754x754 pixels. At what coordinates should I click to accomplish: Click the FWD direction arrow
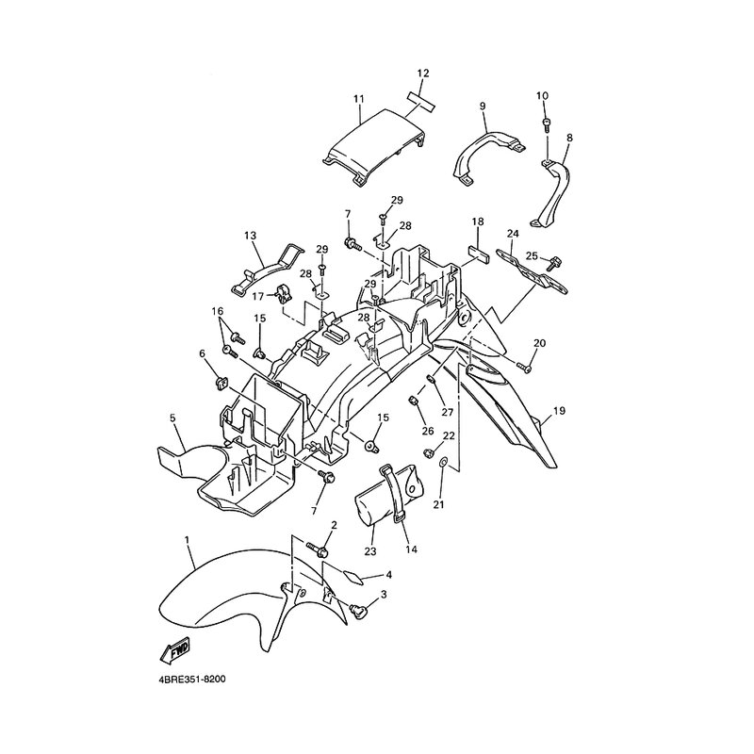[174, 648]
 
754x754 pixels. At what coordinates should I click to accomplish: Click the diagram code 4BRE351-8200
[190, 680]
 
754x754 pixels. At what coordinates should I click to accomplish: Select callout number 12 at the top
[422, 74]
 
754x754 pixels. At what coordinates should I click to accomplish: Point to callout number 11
[359, 99]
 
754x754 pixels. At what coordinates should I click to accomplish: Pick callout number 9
[483, 106]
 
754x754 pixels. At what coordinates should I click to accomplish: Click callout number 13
[250, 236]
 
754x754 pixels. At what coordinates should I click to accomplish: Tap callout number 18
[478, 221]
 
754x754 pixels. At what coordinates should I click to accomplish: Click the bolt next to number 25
[555, 262]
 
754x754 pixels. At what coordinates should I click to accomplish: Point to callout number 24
[513, 234]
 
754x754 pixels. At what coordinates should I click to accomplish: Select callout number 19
[559, 411]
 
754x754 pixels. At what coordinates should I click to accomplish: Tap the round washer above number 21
[443, 463]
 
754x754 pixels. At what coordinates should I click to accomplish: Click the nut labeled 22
[427, 452]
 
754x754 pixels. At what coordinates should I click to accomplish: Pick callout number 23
[370, 551]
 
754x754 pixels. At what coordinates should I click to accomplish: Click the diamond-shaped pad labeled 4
[352, 577]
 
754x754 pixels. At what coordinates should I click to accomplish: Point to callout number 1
[188, 540]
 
